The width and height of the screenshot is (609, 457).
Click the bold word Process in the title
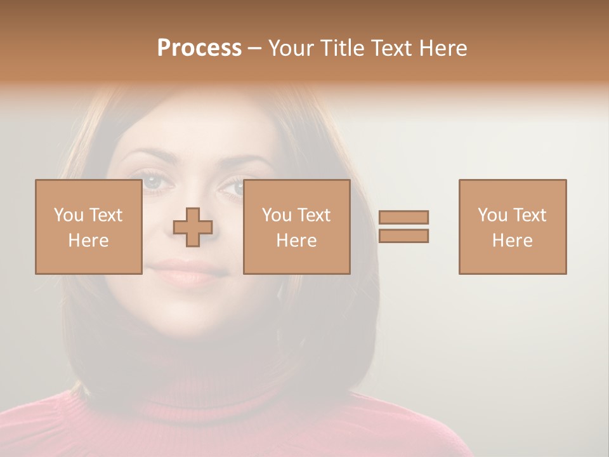[x=199, y=48]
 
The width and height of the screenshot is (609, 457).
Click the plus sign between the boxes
[x=193, y=227]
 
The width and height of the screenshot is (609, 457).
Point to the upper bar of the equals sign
[x=403, y=217]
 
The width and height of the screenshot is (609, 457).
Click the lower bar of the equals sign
[x=403, y=236]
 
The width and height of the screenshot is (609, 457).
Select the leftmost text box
[x=88, y=227]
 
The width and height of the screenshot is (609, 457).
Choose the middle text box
[x=296, y=227]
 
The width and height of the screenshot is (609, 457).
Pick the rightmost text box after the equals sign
[x=512, y=227]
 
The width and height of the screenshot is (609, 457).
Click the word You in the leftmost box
[x=68, y=215]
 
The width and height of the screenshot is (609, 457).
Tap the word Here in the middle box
[x=296, y=241]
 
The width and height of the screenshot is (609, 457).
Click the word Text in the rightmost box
[x=530, y=215]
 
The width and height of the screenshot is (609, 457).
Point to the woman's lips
[x=191, y=270]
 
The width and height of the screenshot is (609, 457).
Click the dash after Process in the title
[x=254, y=49]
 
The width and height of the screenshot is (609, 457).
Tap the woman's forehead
[x=197, y=127]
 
